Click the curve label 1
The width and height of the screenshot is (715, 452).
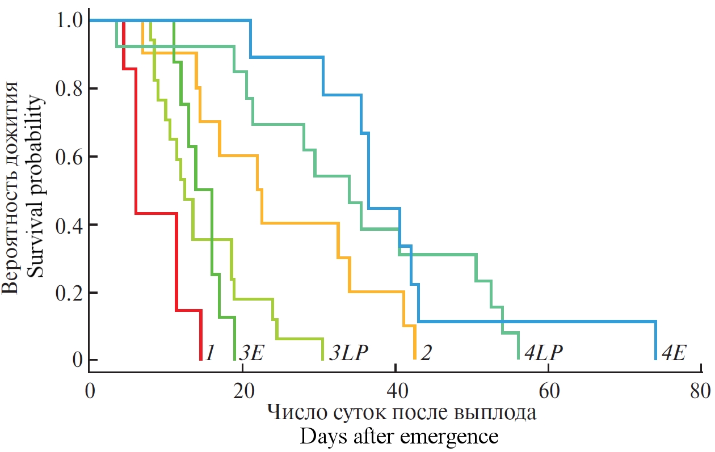tap(209, 353)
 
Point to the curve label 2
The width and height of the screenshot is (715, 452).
tap(426, 353)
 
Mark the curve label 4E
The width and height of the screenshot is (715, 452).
tap(675, 353)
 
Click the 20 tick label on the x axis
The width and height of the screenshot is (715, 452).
tap(242, 392)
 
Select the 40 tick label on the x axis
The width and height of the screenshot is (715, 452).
tap(396, 392)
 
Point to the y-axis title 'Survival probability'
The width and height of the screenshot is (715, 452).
tap(36, 187)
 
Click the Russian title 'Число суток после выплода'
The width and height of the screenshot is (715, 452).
tap(401, 412)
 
